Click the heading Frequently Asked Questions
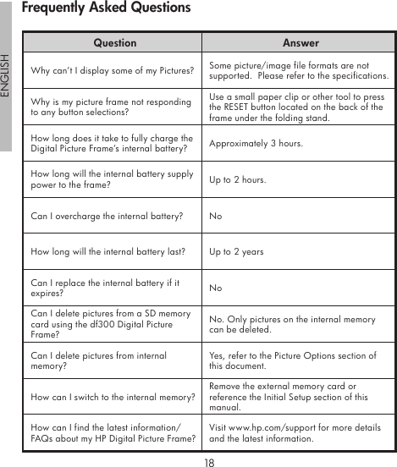[106, 8]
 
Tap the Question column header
[114, 42]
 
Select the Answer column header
[301, 42]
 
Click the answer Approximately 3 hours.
[255, 144]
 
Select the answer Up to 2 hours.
[237, 180]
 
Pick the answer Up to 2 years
[236, 252]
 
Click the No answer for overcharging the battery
[216, 217]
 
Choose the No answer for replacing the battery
[216, 288]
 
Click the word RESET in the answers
[237, 108]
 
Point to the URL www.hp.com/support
[267, 428]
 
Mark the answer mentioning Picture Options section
[293, 361]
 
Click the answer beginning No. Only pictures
[292, 325]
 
